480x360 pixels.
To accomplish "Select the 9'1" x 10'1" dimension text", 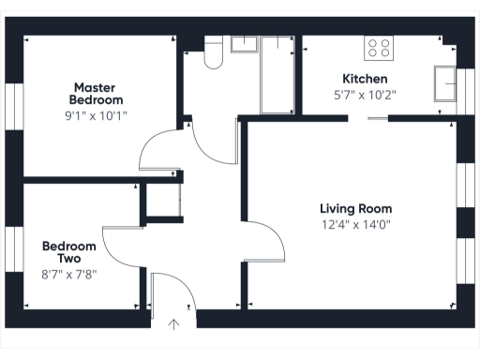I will pyautogui.click(x=97, y=115).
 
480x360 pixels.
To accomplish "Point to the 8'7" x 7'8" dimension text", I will pyautogui.click(x=69, y=274).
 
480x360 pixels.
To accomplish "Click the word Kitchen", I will pyautogui.click(x=366, y=79).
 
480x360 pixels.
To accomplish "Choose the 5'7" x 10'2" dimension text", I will pyautogui.click(x=366, y=94).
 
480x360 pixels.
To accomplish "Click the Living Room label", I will pyautogui.click(x=355, y=208).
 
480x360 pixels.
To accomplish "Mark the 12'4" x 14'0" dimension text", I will pyautogui.click(x=355, y=224).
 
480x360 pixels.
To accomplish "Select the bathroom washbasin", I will pyautogui.click(x=245, y=43).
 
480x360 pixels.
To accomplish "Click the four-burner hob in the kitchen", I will pyautogui.click(x=380, y=47).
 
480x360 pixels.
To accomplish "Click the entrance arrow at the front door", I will pyautogui.click(x=173, y=325).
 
